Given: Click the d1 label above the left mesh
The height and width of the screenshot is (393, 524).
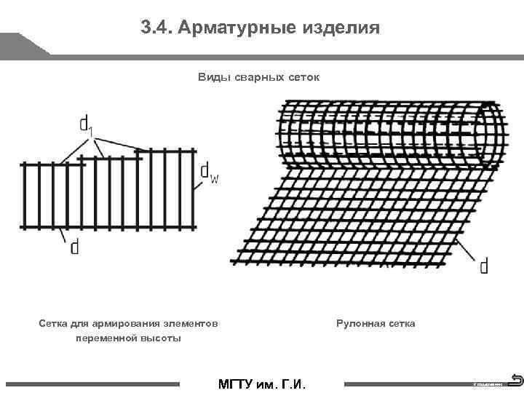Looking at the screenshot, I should (x=87, y=124).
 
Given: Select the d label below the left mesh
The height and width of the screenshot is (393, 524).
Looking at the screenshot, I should (x=74, y=247).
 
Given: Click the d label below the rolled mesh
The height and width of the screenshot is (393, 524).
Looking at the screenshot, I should (x=484, y=266).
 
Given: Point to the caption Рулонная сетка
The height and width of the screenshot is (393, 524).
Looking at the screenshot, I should (x=376, y=322).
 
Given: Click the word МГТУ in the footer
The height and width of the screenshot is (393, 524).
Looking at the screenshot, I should (x=237, y=384).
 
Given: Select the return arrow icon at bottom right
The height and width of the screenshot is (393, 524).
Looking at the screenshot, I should (x=515, y=380).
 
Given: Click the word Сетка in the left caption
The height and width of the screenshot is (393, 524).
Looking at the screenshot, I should (x=53, y=322).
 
